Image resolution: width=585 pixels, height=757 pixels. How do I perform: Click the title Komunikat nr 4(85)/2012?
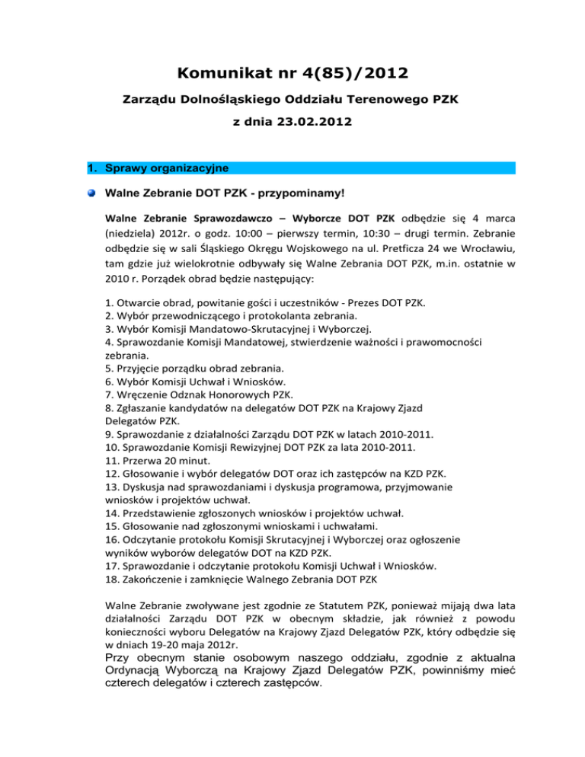[292, 74]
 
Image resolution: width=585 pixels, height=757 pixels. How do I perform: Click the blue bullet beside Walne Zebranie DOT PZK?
[91, 193]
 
